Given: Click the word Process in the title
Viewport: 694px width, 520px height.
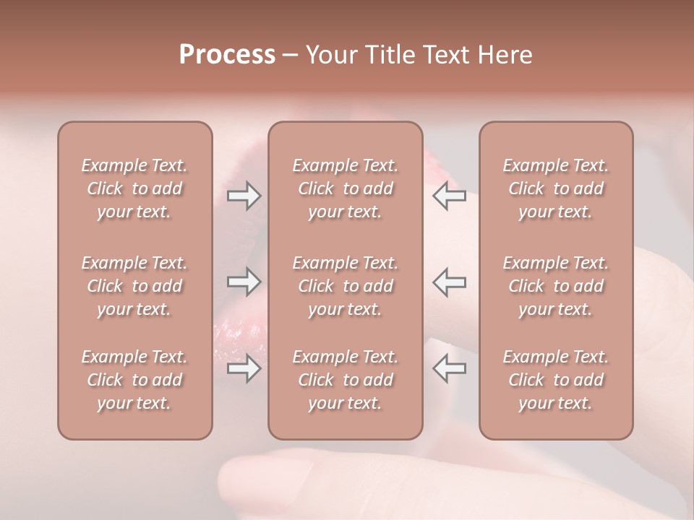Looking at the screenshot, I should pos(227,55).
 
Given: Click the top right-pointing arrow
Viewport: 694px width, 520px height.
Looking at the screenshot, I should pos(244,196).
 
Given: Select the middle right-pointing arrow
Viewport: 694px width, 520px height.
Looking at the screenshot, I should pos(244,281).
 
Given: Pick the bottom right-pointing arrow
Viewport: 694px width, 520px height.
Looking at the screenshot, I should pos(244,368).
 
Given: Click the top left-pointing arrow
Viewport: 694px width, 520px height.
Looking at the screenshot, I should pos(450,196).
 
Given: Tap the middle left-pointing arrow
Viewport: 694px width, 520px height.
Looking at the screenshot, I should pos(450,281).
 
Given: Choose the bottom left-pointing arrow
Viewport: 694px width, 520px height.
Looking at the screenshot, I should pos(450,368).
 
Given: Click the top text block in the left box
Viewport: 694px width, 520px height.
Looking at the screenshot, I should pos(134,188).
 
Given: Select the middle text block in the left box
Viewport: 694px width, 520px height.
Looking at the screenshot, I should pos(134,286).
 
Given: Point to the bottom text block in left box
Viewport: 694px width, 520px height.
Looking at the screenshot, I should pos(134,380).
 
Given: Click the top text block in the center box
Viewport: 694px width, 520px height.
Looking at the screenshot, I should pos(346,188).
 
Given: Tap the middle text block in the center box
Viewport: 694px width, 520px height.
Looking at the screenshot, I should pos(346,286).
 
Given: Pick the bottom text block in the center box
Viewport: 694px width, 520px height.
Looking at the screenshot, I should pos(346,380).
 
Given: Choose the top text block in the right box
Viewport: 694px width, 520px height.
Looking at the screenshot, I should pos(556,188).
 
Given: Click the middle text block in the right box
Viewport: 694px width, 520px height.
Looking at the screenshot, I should pos(556,286).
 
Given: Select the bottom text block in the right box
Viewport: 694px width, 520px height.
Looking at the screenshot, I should pos(556,380).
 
